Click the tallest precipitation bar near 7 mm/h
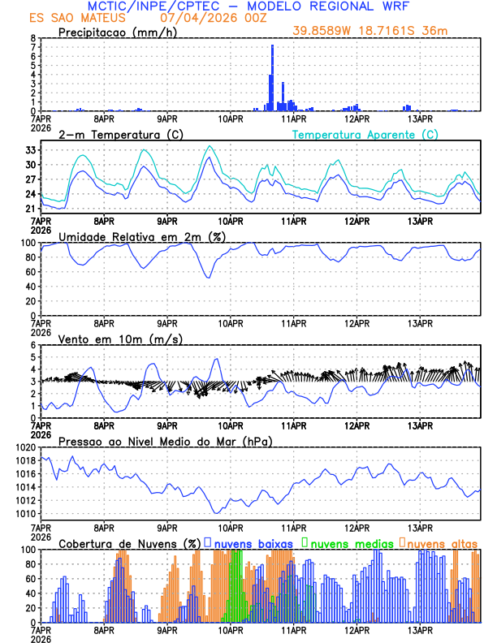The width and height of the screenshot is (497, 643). coord(272,77)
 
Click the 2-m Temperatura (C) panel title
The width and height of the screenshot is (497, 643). coord(121,134)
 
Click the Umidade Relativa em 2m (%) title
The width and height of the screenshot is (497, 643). coord(141,236)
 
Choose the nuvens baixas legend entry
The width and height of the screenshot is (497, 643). coord(248,542)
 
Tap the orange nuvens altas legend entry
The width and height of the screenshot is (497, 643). coord(441,542)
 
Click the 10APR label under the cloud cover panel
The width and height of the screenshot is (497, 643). coord(231,629)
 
